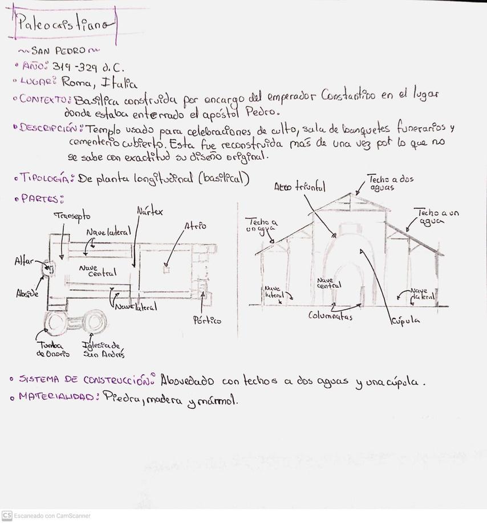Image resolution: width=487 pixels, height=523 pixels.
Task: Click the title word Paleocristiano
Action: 65,25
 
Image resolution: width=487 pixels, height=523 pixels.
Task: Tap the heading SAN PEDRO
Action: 59,50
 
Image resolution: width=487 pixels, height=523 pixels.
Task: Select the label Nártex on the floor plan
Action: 149,211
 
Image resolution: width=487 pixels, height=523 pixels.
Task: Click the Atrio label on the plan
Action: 195,226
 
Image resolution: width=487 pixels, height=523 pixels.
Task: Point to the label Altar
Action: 24,261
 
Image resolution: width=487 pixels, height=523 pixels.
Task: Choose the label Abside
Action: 27,294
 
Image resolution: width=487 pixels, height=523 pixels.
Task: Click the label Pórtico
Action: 206,320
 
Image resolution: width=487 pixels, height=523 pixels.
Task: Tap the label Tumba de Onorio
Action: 53,349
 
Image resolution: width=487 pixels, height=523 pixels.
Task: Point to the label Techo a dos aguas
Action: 390,183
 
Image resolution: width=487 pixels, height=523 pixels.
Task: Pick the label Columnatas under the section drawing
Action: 330,315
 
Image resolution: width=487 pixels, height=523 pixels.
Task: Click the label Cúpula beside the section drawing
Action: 405,321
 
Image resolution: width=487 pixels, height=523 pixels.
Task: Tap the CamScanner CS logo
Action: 7,515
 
